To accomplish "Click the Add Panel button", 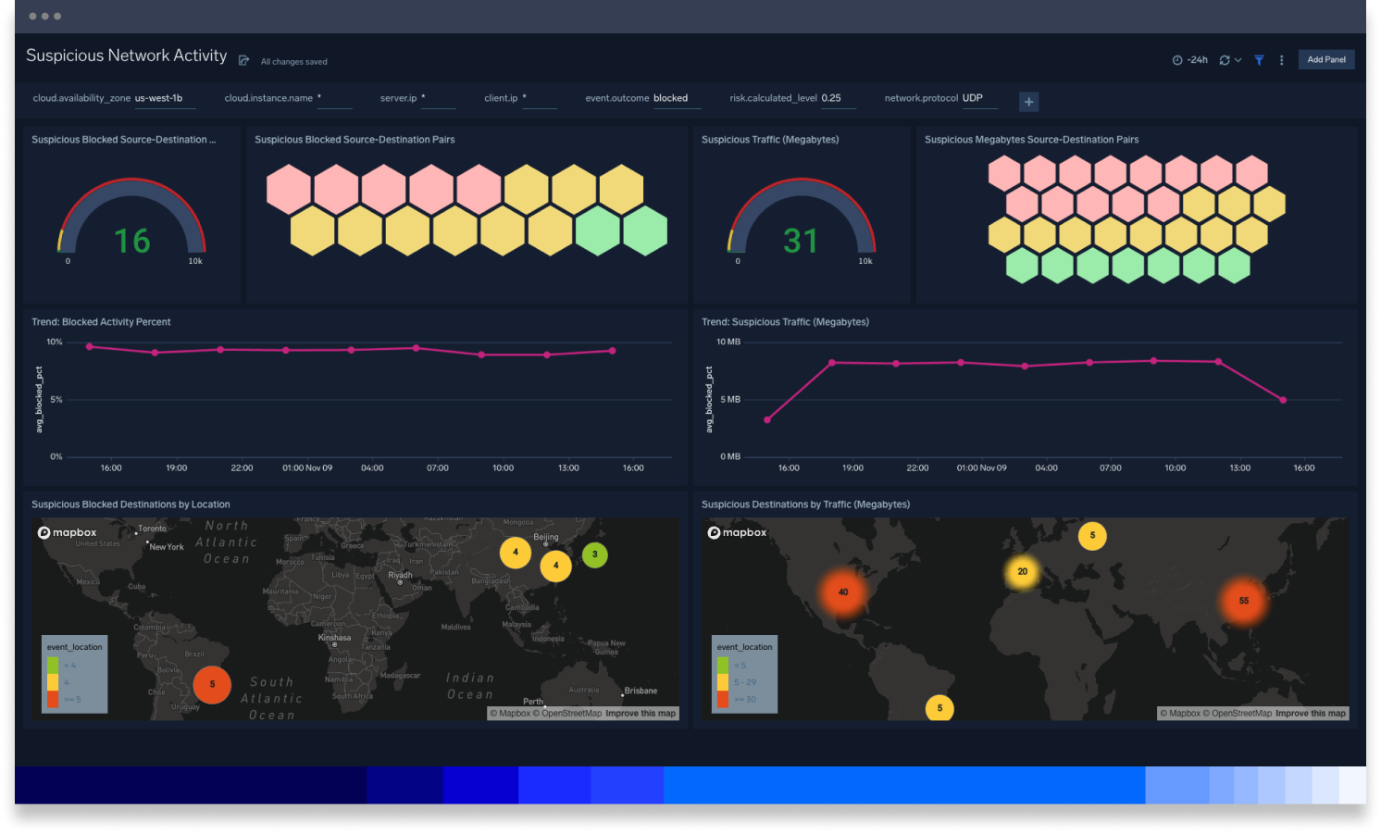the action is point(1325,60).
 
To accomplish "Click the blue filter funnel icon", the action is point(1259,60).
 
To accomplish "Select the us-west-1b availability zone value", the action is point(159,98).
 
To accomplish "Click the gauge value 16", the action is point(131,241).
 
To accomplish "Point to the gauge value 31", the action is point(801,241).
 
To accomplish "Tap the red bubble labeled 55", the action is point(1243,601).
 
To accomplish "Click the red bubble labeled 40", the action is point(842,592).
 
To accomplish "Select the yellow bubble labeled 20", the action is point(1022,571).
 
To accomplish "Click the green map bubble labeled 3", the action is point(595,554).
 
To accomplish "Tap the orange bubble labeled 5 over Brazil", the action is point(212,685).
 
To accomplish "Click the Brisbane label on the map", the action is point(641,691).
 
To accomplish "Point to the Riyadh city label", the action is point(400,575).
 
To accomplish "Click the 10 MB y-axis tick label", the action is point(728,342).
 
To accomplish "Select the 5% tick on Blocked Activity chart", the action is point(56,399).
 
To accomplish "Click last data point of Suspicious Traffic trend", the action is point(1283,400).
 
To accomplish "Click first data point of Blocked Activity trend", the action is point(89,346).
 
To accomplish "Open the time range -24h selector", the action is point(1190,60).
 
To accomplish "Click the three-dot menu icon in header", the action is point(1281,60).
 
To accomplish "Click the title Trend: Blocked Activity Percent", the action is point(101,322).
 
